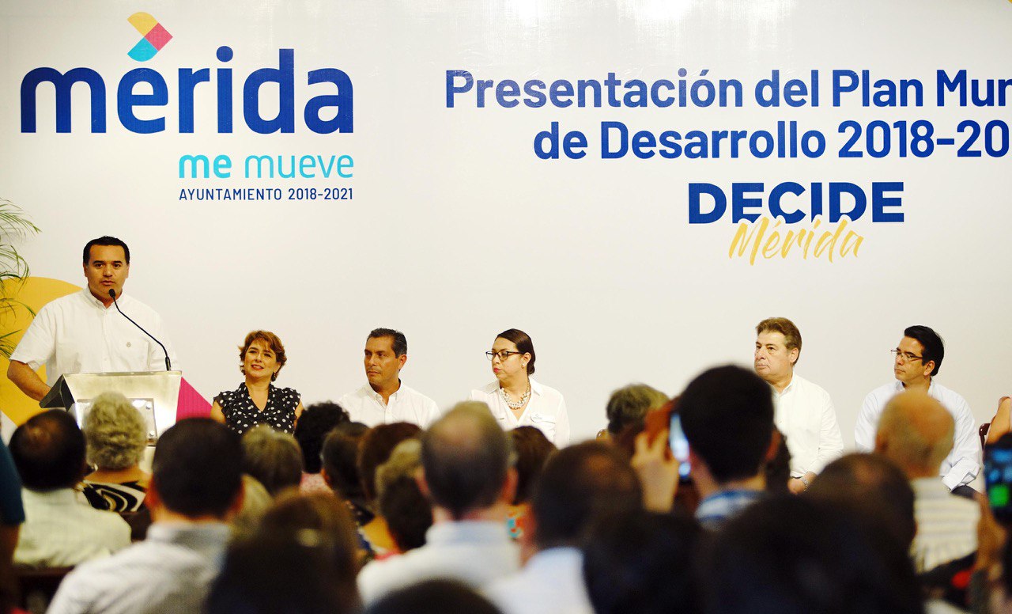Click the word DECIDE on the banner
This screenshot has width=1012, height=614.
(795, 203)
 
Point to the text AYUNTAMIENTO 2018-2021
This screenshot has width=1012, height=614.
(266, 194)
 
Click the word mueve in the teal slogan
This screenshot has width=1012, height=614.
(299, 166)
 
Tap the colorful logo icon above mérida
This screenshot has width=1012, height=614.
(149, 36)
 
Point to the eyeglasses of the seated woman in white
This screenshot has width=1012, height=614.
(504, 354)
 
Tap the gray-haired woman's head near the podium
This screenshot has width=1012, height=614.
(115, 432)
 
